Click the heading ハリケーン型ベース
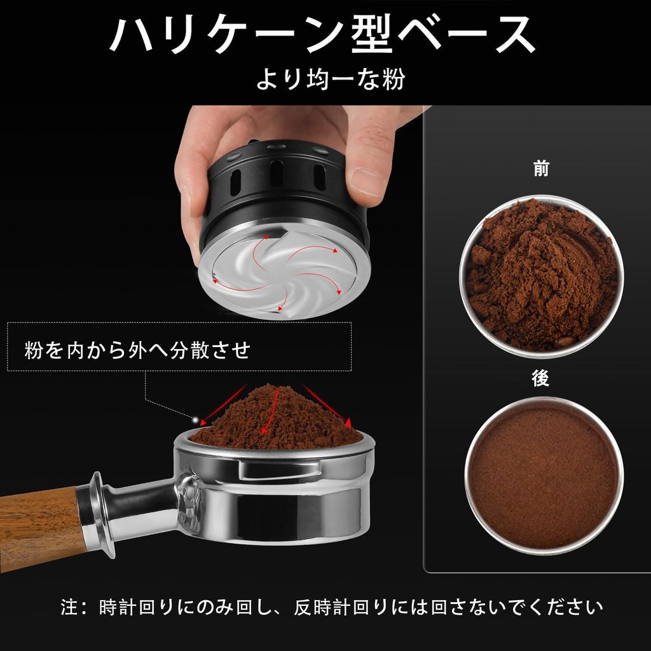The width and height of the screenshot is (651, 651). pos(322,35)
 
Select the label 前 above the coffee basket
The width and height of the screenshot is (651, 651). pos(541,169)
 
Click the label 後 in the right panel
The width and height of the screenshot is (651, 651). pos(541,379)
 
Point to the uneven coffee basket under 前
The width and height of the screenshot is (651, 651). pos(541,275)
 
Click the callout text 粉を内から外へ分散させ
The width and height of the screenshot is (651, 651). pos(137,350)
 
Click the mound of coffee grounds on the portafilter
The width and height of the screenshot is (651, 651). pos(277,417)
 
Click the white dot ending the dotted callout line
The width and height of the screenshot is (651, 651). pos(195,420)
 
